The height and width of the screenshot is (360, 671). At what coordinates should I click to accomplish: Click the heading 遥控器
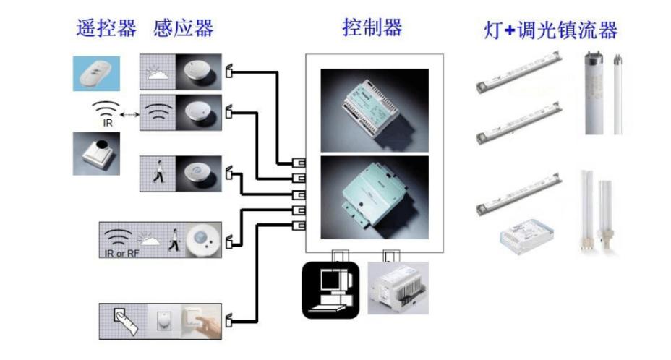coord(106,29)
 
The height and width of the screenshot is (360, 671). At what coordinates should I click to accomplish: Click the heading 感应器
coord(184,29)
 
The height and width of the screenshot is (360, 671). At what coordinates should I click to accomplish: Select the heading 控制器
coord(372,28)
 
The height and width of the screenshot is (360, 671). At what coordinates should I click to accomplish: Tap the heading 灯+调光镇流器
coord(550,30)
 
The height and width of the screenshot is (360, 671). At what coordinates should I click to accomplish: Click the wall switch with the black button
coord(95,153)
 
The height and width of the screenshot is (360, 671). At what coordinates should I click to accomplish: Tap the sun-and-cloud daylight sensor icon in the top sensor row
coord(158,72)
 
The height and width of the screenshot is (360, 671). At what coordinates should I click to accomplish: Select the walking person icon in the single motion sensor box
coord(158,173)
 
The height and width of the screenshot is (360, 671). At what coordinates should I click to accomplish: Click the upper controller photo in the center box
coord(374,109)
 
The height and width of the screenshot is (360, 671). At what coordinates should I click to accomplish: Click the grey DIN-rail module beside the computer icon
coord(398,288)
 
